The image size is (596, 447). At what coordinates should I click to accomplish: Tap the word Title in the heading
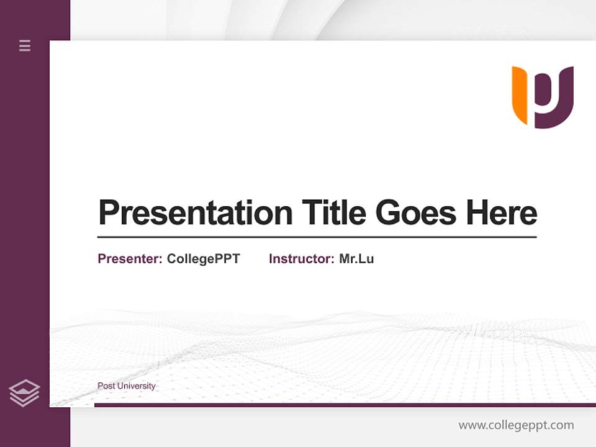(333, 213)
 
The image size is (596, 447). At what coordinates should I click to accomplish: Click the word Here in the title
(501, 213)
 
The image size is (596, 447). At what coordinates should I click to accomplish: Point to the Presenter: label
(130, 259)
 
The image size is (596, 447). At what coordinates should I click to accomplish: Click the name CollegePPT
(203, 259)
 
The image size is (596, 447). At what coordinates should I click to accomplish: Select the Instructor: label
(301, 259)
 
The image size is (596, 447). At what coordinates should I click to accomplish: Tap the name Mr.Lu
(356, 259)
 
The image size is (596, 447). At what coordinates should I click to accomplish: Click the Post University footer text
(126, 386)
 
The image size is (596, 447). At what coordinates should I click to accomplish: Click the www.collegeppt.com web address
(516, 425)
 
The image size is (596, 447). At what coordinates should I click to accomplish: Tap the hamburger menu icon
(25, 45)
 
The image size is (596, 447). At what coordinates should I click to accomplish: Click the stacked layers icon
(24, 393)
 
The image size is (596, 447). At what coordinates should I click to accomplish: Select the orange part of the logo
(520, 93)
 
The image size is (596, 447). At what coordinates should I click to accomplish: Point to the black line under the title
(317, 237)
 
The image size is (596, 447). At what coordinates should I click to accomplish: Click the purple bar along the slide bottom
(345, 405)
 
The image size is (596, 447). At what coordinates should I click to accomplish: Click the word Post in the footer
(106, 386)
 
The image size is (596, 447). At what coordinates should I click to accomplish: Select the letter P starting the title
(109, 213)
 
